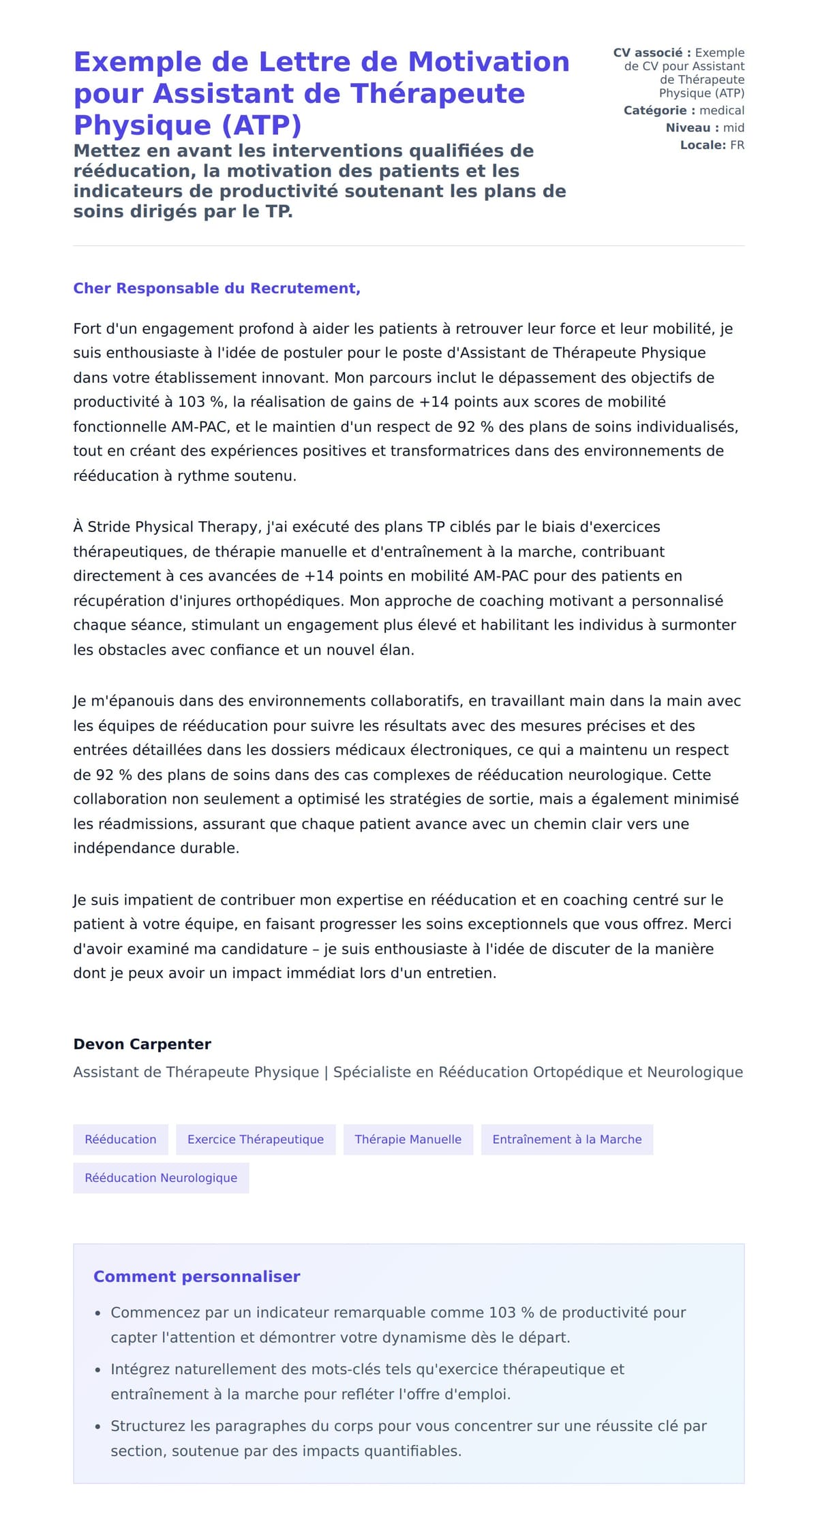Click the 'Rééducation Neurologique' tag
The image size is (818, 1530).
tap(161, 1178)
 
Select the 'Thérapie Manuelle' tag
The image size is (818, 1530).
tap(408, 1139)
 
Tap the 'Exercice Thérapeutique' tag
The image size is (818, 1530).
tap(256, 1139)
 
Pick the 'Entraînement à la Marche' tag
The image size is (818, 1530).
tap(566, 1139)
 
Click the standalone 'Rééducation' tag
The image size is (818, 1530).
tap(121, 1139)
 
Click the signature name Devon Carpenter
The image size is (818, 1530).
tap(142, 1044)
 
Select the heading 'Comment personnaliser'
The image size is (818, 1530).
tap(196, 1277)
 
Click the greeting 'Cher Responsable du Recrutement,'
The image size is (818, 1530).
tap(217, 288)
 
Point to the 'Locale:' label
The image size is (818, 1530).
tap(703, 145)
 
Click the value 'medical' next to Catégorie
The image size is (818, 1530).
tap(722, 110)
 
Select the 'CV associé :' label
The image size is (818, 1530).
tap(652, 52)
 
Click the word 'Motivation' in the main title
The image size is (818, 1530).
tap(488, 62)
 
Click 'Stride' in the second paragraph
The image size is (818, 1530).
tap(109, 527)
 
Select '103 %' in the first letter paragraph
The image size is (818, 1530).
tap(201, 402)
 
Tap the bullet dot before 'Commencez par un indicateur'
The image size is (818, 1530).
tap(98, 1313)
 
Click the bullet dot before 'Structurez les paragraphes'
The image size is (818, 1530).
tap(98, 1426)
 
